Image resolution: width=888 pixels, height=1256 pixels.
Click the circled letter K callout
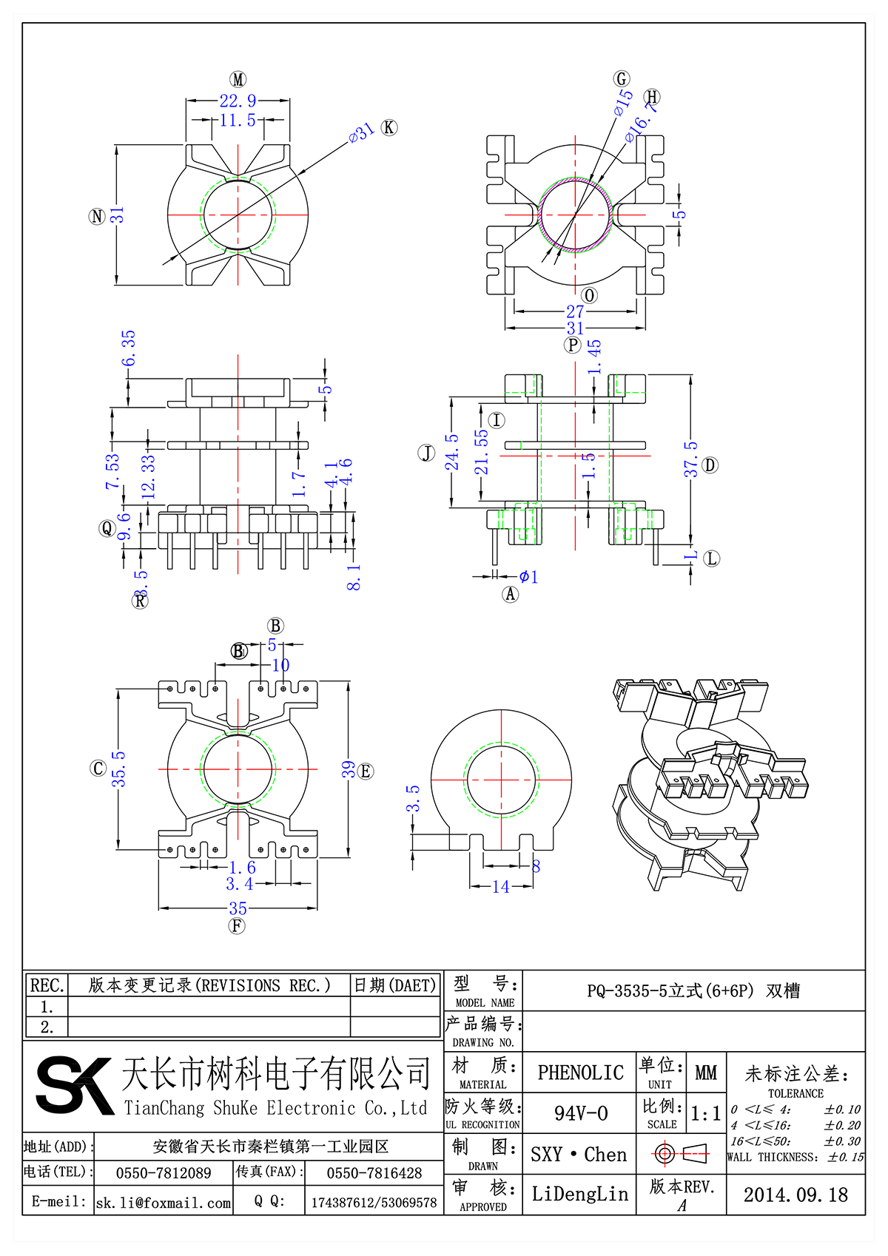388,127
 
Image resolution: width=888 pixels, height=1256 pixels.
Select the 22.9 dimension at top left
238,101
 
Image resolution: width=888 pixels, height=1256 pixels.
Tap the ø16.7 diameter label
641,121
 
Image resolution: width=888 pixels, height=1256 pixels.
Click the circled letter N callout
97,216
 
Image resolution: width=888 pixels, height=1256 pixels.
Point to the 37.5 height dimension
690,459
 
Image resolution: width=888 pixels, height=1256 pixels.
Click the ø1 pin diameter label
528,576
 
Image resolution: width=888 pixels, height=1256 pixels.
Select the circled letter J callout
427,453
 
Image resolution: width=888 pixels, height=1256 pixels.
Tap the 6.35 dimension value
129,348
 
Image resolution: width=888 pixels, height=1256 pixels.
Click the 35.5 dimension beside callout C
118,769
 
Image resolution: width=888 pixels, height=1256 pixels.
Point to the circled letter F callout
237,925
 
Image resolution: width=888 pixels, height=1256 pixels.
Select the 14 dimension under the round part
501,886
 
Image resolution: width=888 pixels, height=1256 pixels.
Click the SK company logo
74,1085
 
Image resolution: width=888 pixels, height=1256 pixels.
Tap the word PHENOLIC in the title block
580,1073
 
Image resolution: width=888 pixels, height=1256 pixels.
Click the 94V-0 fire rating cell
581,1113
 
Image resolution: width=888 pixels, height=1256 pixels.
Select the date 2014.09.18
795,1195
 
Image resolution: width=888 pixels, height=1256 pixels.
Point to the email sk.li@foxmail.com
164,1203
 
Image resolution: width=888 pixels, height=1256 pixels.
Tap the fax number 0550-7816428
374,1173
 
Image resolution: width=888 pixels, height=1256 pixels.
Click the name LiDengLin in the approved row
580,1194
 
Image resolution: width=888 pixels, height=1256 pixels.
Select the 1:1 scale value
705,1114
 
